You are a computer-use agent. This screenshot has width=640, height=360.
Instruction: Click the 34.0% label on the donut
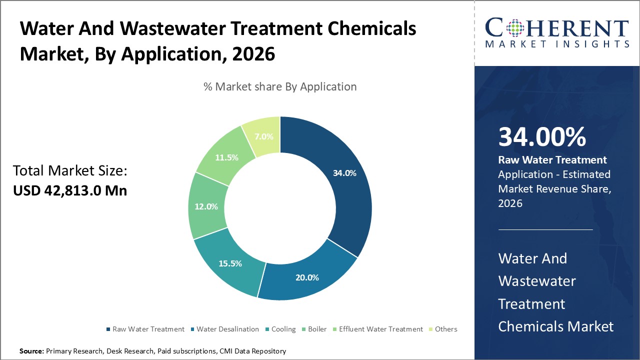click(x=344, y=173)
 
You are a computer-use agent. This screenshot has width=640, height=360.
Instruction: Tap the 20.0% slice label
click(x=307, y=277)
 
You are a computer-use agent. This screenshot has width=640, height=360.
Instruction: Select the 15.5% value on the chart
click(x=230, y=263)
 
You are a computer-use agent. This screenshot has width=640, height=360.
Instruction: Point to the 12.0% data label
click(x=206, y=206)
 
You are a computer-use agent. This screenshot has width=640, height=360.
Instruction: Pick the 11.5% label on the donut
click(x=226, y=157)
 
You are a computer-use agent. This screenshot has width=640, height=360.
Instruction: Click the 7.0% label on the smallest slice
click(x=264, y=136)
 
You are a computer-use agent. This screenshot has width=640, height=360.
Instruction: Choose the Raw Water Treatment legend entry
click(x=148, y=329)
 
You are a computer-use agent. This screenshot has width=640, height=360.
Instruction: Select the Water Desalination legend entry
click(x=227, y=329)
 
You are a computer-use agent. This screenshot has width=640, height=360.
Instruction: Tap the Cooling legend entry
click(x=283, y=329)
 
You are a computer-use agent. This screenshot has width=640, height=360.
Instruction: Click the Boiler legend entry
click(x=317, y=329)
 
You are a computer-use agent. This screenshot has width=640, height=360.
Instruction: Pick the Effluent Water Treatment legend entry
click(x=380, y=329)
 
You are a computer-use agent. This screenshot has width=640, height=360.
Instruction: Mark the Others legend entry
click(x=445, y=329)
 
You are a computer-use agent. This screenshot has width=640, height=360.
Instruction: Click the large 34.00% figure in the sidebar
click(x=542, y=137)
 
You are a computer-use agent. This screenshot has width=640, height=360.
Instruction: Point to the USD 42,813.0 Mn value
click(x=70, y=190)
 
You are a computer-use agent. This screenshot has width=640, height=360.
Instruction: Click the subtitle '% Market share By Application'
click(x=280, y=86)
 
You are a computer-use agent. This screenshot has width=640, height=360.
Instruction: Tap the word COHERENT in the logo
click(x=556, y=28)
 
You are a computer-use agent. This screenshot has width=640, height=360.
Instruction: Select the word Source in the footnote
click(x=31, y=351)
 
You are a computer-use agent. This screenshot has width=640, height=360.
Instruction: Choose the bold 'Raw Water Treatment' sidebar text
click(x=552, y=160)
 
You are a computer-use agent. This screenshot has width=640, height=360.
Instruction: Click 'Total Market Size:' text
click(x=70, y=171)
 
